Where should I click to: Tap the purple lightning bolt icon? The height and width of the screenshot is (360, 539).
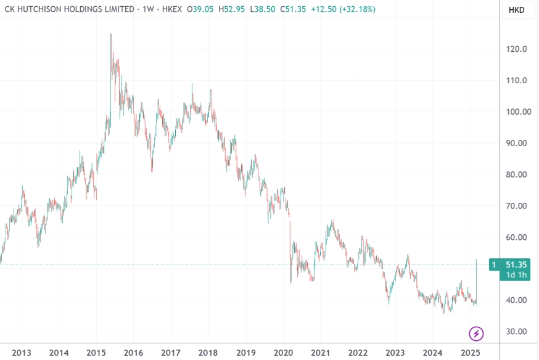click(x=476, y=334)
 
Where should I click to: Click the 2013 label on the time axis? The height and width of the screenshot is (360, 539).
click(x=21, y=353)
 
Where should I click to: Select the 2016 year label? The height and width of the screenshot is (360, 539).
click(x=133, y=353)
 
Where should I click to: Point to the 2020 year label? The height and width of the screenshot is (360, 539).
click(x=283, y=353)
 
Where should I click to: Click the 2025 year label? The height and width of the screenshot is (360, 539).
click(x=470, y=353)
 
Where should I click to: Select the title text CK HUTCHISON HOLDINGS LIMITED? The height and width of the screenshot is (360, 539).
click(x=69, y=10)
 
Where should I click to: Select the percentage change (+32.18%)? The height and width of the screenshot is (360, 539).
click(x=355, y=10)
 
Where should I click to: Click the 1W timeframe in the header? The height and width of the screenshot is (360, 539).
click(x=147, y=10)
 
